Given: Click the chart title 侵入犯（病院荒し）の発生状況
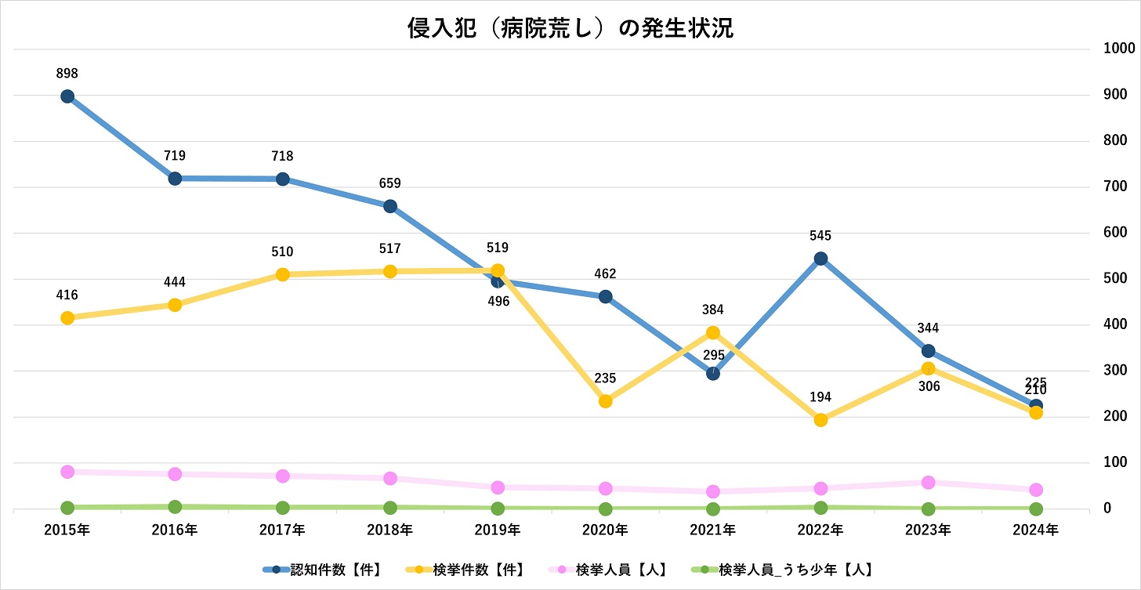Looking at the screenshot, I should click(x=570, y=29).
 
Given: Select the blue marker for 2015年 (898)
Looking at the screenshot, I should click(x=67, y=96).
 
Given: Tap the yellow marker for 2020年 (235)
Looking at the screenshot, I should click(x=605, y=401).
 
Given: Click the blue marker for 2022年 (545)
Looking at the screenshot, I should click(x=820, y=259).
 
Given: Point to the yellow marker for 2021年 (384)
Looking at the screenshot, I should click(x=713, y=332).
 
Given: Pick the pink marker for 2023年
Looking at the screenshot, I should click(x=928, y=482).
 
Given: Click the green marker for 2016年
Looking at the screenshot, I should click(x=175, y=507).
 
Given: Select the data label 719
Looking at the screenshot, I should click(x=175, y=156).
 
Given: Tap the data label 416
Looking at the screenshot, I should click(x=67, y=295).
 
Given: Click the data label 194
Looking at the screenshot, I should click(x=820, y=397).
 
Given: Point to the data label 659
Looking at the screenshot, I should click(x=389, y=184).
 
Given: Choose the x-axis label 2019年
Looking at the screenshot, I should click(x=498, y=530).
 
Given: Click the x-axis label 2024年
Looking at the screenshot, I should click(x=1035, y=530).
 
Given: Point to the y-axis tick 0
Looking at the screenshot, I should click(x=1107, y=509).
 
